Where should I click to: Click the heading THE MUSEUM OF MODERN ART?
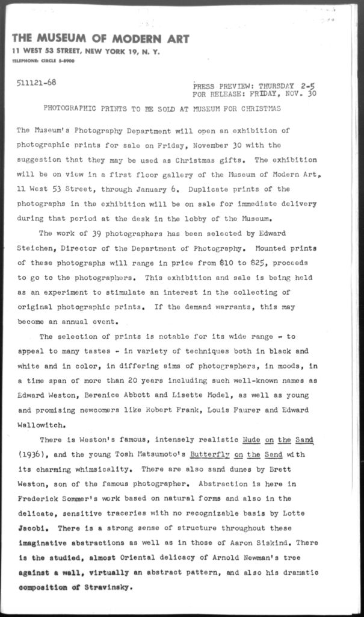click(x=100, y=39)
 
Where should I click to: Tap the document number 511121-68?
click(x=37, y=82)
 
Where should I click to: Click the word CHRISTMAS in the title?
click(x=261, y=109)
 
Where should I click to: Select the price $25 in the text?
click(x=264, y=263)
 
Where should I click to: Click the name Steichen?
click(x=35, y=248)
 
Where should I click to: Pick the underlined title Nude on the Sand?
click(x=279, y=440)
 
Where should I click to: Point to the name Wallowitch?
click(x=40, y=425)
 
